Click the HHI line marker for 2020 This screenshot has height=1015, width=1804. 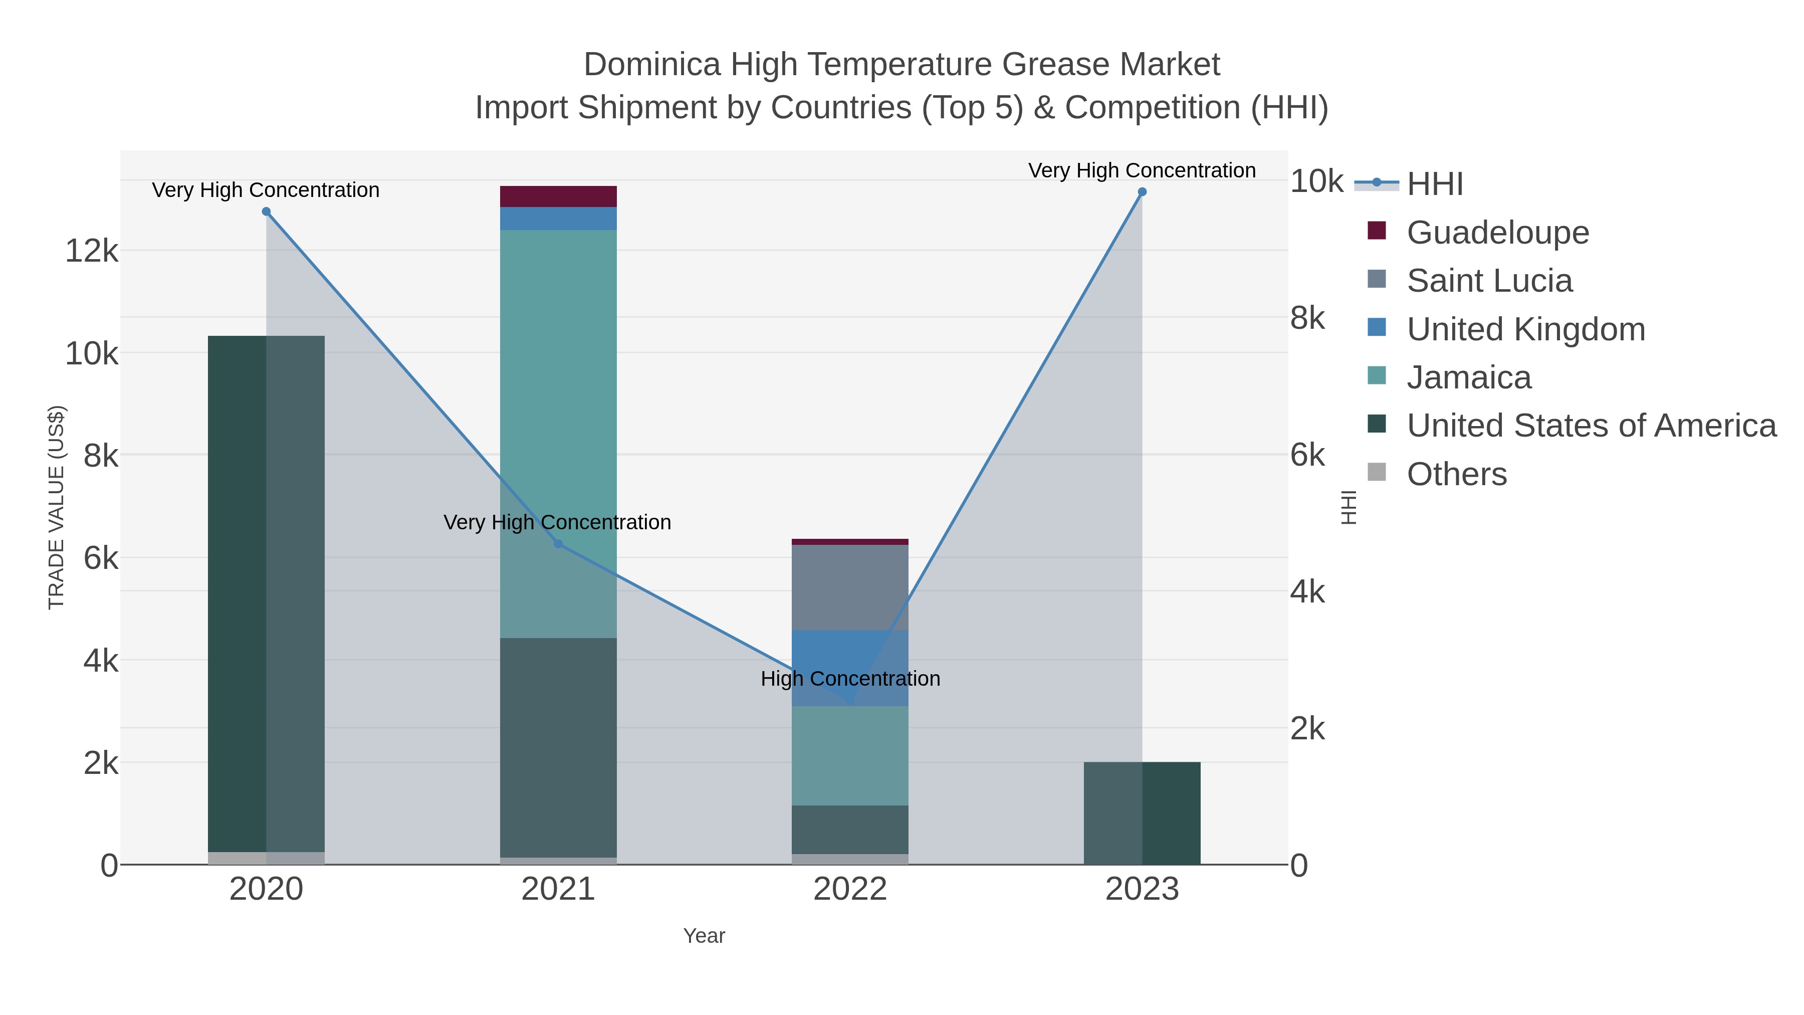(266, 212)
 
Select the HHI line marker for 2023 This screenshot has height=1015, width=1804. (1142, 192)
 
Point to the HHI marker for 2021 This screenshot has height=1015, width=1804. (558, 543)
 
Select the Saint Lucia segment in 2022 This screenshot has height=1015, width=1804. (850, 587)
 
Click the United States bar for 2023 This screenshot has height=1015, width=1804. (1142, 813)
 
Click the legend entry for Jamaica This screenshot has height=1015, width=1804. (1469, 377)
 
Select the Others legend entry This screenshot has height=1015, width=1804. (1457, 474)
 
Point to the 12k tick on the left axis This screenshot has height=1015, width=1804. (92, 251)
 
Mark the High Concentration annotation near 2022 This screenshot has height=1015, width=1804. (850, 679)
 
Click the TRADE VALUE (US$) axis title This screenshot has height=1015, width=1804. (56, 507)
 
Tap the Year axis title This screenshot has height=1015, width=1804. (704, 936)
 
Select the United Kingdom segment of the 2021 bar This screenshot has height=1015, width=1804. (558, 219)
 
